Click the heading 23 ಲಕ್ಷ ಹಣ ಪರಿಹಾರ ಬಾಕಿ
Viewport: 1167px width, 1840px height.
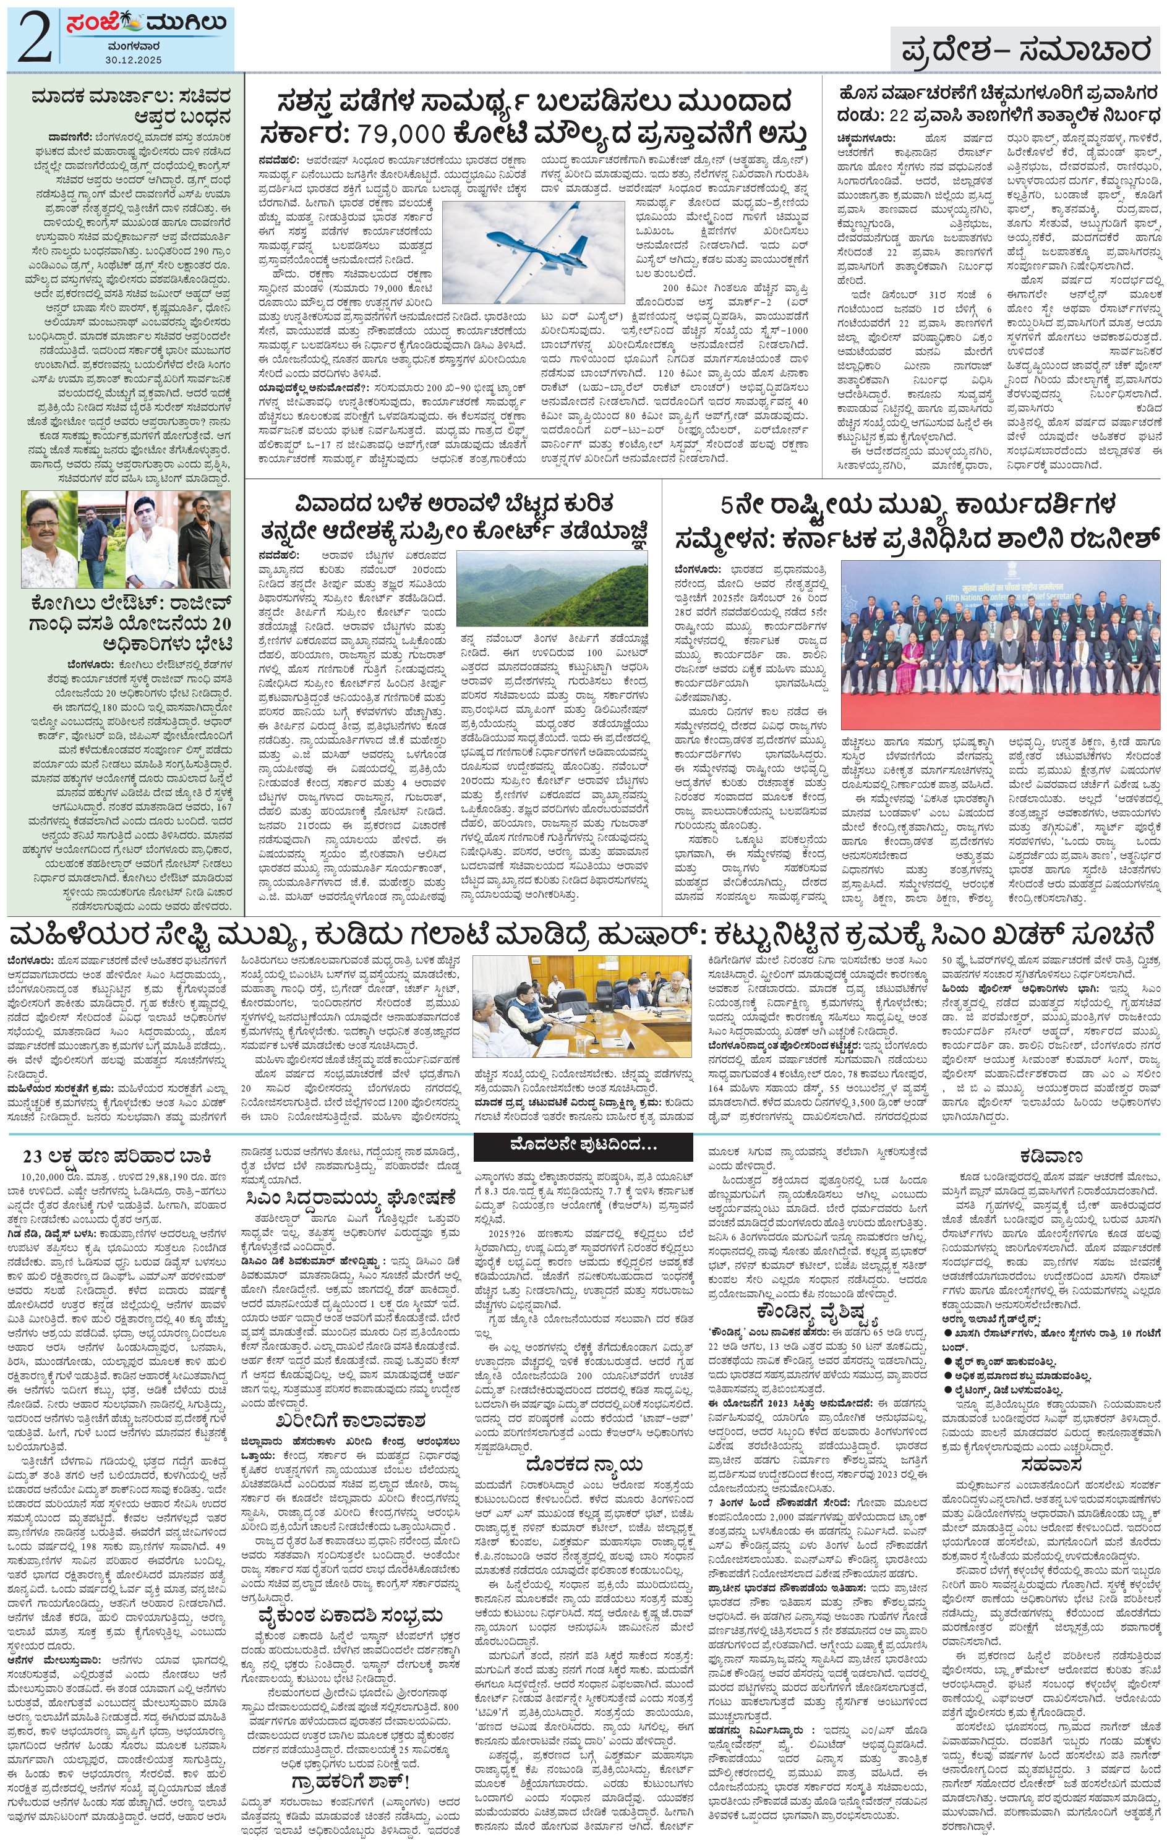pyautogui.click(x=116, y=1154)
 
